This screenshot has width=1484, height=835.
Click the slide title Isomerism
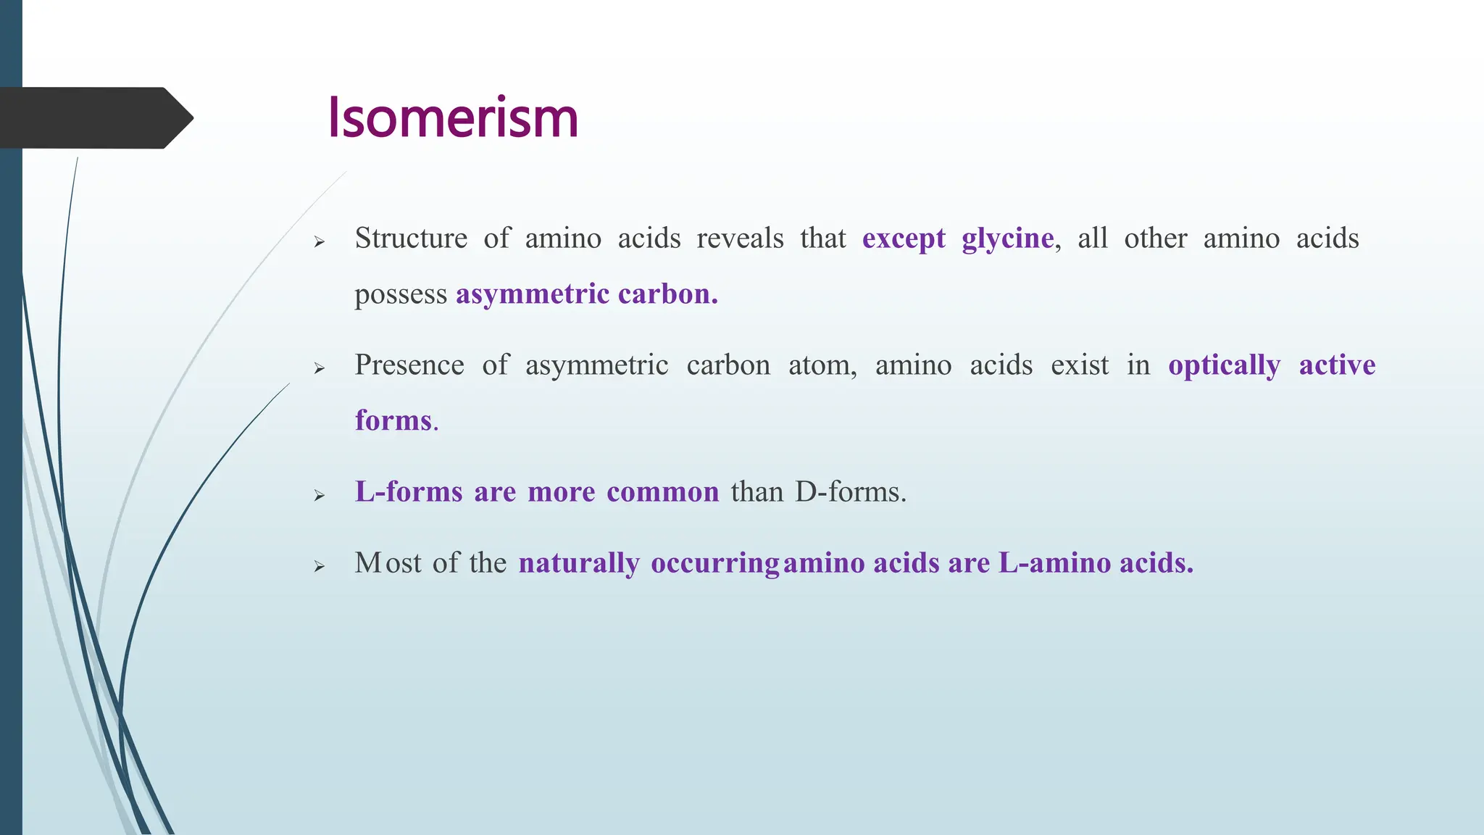(453, 117)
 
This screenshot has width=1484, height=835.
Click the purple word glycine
(1007, 239)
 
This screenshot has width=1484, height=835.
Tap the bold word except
(904, 239)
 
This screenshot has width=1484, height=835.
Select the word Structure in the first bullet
(411, 238)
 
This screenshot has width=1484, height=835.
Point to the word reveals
(740, 238)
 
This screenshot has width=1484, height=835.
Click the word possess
(401, 295)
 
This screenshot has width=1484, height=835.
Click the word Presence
(409, 365)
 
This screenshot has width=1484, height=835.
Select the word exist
(1080, 365)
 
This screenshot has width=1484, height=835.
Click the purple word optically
(1224, 365)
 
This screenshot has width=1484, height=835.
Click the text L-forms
(409, 491)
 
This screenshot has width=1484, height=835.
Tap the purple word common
(662, 491)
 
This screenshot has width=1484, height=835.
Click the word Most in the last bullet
(388, 562)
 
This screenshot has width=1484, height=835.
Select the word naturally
(579, 563)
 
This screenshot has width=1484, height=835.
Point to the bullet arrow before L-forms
(320, 496)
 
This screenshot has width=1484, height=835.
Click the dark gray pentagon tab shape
(94, 118)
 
